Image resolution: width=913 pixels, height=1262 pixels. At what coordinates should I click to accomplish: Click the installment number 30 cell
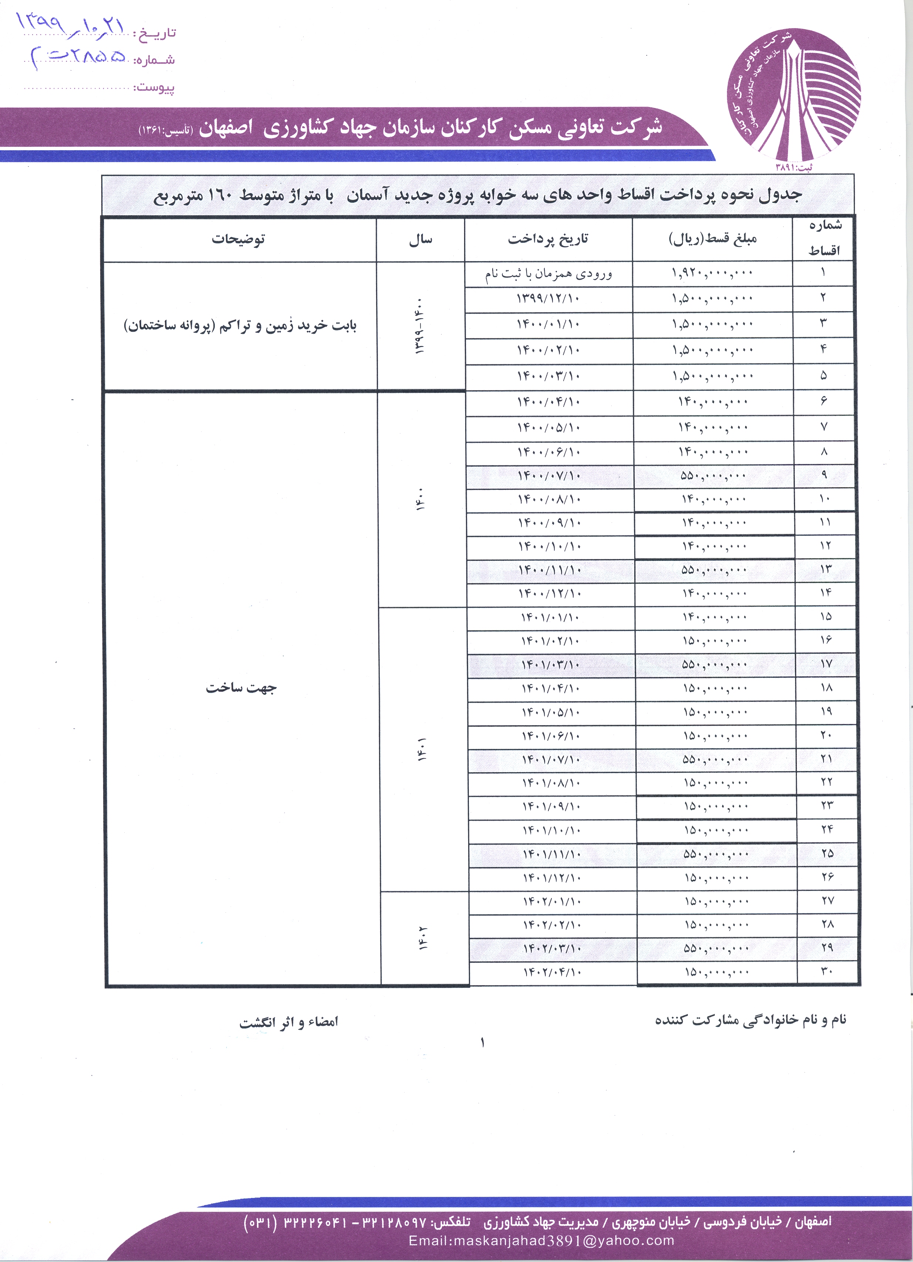[x=827, y=972]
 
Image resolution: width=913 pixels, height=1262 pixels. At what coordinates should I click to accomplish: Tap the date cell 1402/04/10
[x=552, y=972]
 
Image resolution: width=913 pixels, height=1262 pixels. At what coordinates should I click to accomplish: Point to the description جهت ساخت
[x=241, y=688]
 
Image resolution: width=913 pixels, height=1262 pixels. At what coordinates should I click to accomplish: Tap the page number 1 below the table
[x=482, y=1042]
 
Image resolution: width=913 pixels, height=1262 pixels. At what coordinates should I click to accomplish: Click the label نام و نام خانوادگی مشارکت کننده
[x=751, y=1019]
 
